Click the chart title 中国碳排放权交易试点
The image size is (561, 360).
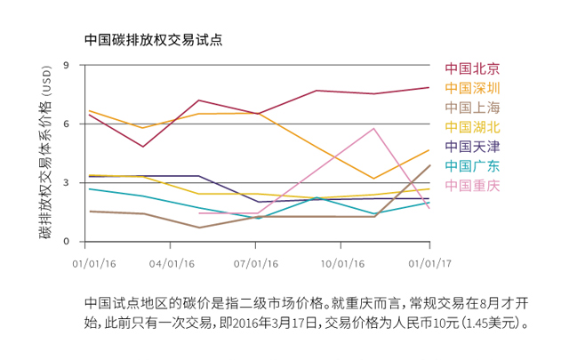pos(152,40)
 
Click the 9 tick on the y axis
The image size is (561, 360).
pos(66,66)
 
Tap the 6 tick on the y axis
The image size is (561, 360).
pos(66,124)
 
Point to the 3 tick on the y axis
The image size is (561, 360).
pos(66,182)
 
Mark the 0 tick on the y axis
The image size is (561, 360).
pos(66,241)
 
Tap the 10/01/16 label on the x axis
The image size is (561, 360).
pos(342,263)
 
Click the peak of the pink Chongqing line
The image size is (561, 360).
pos(374,128)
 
